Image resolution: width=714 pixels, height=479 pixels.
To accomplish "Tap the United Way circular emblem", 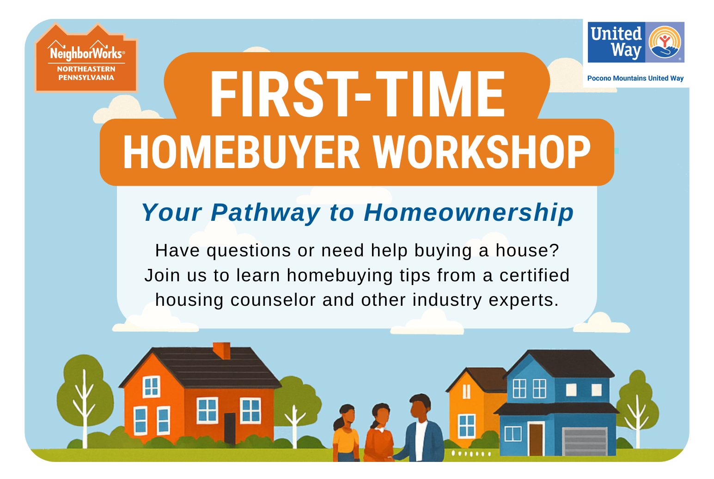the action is [665, 42].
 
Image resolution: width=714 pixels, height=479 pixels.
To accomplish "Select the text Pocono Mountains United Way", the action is [635, 78].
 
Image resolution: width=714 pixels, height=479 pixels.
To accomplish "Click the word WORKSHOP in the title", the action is [482, 152].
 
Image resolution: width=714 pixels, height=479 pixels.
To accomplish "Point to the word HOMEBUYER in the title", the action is [242, 152].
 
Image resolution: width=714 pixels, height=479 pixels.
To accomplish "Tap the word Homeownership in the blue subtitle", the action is [469, 212].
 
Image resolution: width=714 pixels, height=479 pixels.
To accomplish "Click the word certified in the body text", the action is [534, 275].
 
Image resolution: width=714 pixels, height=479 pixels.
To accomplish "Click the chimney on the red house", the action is [221, 351].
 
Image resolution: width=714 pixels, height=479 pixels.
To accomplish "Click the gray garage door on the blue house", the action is [585, 442].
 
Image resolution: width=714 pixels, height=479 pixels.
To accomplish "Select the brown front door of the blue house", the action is [536, 439].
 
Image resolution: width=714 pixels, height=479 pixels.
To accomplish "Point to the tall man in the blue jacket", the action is [421, 428].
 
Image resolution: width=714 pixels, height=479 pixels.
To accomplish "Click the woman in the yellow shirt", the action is [345, 433].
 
